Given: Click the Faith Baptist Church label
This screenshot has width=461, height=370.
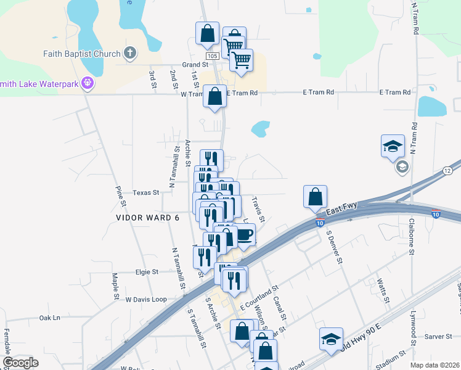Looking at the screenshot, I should (81, 54).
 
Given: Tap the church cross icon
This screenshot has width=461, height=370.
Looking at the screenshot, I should (130, 53).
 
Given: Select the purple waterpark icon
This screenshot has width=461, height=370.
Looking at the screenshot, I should (88, 81).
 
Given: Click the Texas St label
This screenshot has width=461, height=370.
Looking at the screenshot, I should (146, 192).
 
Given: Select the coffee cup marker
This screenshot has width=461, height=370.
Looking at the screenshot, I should (244, 235).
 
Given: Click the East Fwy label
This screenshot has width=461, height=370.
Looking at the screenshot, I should (341, 212).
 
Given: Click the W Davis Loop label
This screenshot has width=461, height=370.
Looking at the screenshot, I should (146, 299).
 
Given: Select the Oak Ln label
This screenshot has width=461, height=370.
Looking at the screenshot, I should (50, 318).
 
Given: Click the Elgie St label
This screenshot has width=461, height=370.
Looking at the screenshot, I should (147, 271).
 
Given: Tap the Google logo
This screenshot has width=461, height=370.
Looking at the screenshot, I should (20, 363).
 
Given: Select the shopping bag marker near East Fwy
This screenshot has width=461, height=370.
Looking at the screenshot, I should (315, 196).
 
